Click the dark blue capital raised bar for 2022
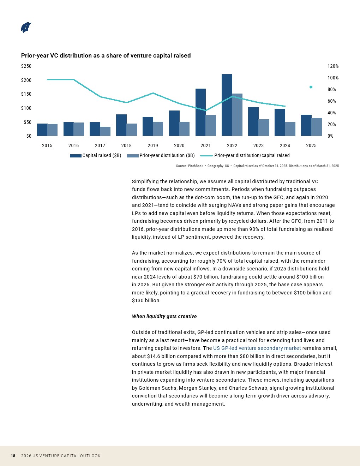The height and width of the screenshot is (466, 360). point(227,105)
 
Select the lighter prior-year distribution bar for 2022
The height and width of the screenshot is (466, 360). point(237,115)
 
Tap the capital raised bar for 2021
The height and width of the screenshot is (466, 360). point(200,112)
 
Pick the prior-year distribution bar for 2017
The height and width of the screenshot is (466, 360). point(105,131)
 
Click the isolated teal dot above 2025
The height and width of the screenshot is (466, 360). point(311,87)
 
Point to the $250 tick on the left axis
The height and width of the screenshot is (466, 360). point(26,66)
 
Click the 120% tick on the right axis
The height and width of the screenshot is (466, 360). point(333,66)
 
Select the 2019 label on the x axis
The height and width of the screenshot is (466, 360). point(153,145)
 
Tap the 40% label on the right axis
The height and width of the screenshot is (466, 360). point(332,113)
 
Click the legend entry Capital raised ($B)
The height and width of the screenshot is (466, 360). point(95,155)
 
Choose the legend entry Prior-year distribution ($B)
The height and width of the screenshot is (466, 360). point(161,155)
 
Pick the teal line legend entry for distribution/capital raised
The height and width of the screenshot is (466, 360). point(245,155)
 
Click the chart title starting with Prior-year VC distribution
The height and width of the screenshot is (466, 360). point(106,55)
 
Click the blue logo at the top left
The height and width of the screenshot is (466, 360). point(26,28)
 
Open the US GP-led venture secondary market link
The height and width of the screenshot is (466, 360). point(257,348)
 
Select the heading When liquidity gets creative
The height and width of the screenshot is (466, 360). point(164,316)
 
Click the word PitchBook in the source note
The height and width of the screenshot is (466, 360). point(196,166)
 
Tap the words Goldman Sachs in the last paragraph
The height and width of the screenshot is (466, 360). point(158,388)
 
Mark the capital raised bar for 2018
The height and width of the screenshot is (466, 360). point(121,125)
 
